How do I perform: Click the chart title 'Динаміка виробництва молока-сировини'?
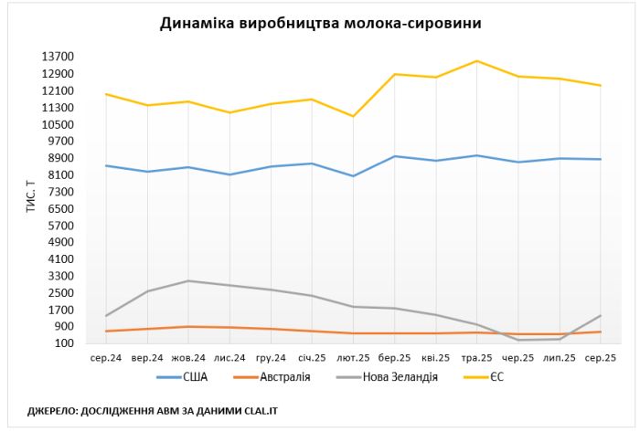tap(320, 23)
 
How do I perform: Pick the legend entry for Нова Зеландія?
tap(400, 376)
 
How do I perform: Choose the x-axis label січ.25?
tap(312, 357)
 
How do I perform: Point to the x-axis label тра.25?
tap(475, 357)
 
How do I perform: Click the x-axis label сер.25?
tap(600, 357)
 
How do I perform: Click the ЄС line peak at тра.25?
tap(476, 61)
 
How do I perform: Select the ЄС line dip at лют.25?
tap(353, 116)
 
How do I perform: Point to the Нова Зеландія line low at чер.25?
tap(517, 340)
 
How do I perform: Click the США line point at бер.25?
tap(394, 156)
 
